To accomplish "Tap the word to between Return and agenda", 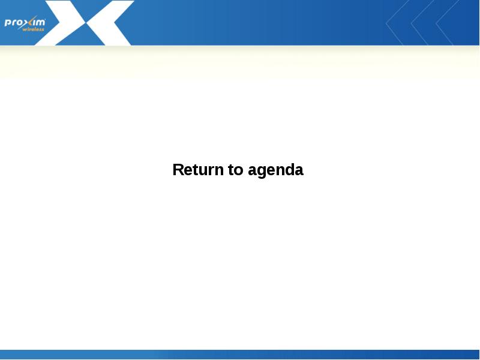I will pos(236,170).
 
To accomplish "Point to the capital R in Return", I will pos(178,170).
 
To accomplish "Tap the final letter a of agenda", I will pos(299,171).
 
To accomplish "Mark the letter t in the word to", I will pos(231,170).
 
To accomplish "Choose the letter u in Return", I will pos(202,171).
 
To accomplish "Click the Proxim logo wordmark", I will pos(25,23).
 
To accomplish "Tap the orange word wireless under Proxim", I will pos(34,29).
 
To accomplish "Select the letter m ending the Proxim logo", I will pos(41,23).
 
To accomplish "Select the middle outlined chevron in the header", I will pos(422,24).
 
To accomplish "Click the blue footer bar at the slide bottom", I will pos(240,355).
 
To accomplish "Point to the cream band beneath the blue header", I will pos(240,61).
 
